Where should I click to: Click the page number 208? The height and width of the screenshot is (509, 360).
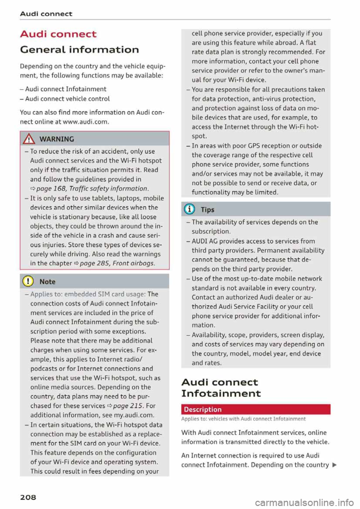[28, 497]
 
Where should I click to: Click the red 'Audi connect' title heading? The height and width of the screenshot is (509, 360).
[58, 34]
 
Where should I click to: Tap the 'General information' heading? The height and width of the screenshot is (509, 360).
[79, 49]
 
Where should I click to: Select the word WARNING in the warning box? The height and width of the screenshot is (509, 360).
[57, 139]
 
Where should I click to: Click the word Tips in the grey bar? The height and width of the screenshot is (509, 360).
[207, 210]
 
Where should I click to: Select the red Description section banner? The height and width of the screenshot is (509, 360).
[256, 409]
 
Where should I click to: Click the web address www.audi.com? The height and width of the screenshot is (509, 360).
[85, 122]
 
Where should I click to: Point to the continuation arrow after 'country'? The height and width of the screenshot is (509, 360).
[334, 465]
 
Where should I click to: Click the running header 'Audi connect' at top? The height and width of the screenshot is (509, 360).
[46, 14]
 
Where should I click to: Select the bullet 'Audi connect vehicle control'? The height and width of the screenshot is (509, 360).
[67, 99]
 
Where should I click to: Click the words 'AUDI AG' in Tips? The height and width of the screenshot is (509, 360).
[204, 241]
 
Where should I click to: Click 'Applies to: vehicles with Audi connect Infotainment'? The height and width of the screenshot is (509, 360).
[243, 419]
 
